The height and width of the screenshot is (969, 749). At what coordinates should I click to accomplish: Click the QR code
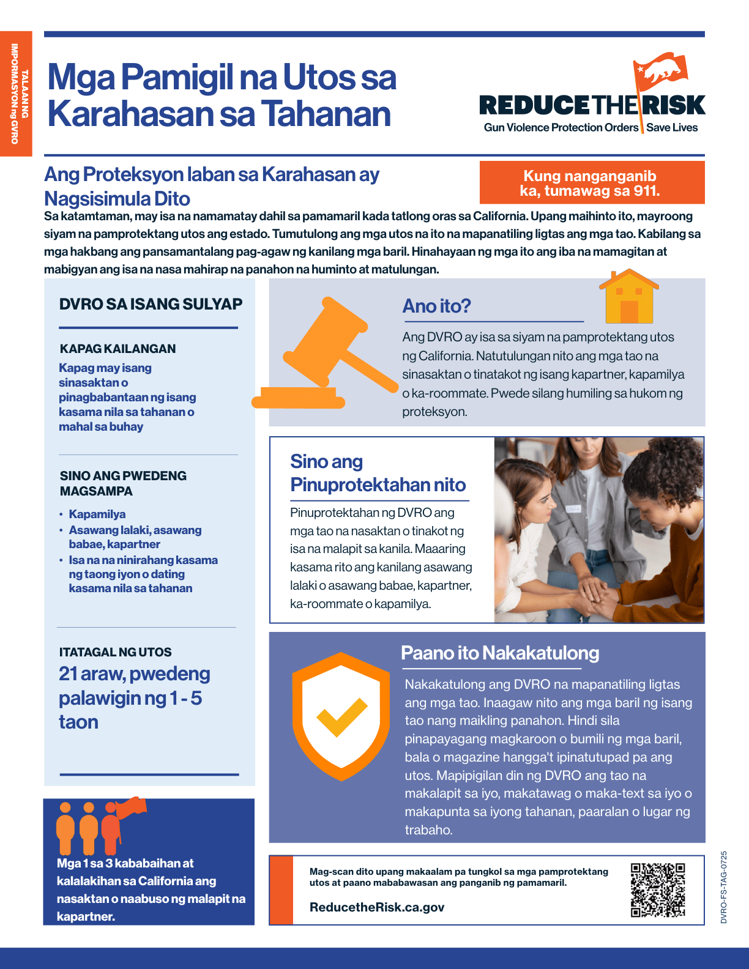(658, 890)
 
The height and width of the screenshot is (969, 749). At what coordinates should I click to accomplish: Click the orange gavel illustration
(324, 355)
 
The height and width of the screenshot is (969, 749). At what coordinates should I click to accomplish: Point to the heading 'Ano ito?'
(436, 306)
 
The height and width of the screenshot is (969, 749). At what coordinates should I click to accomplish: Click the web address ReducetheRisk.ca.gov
(377, 907)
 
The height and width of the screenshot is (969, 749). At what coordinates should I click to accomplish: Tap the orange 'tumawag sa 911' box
(591, 183)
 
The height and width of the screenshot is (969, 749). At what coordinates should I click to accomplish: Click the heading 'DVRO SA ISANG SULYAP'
(151, 304)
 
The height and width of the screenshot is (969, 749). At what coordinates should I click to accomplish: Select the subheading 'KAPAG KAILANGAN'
(117, 349)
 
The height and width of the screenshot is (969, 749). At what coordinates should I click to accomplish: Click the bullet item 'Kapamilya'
(97, 514)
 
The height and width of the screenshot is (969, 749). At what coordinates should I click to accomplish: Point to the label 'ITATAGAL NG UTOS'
(115, 652)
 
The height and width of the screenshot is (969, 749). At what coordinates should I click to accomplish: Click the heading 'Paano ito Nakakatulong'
(500, 653)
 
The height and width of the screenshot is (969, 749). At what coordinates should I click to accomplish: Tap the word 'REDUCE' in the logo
(535, 105)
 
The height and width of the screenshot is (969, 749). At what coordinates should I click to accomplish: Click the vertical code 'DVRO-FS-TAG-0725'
(724, 887)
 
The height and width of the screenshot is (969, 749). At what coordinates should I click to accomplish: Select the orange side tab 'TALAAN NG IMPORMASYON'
(16, 94)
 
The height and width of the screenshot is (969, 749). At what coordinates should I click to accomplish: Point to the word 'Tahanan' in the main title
(326, 114)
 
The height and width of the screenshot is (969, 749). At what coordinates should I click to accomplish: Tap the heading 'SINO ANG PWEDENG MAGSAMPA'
(123, 483)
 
